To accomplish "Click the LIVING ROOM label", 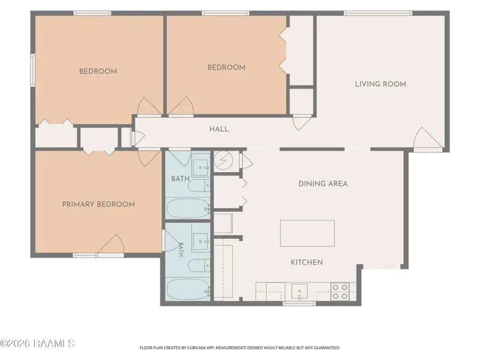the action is (380, 84).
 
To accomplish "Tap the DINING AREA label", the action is (323, 183).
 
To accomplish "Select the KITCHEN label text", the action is (307, 262).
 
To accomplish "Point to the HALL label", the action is (219, 129).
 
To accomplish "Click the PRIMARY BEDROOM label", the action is (98, 204).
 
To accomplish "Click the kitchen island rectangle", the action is (307, 233).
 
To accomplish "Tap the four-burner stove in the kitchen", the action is (340, 292).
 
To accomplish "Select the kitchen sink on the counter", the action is (299, 292).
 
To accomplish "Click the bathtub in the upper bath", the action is (188, 209).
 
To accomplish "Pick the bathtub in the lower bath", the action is (188, 289).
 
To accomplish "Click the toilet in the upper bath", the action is (199, 186).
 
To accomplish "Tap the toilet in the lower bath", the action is (199, 266).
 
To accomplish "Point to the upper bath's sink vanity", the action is (201, 167).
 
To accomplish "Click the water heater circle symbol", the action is (223, 160).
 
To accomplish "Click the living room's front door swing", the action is (427, 138).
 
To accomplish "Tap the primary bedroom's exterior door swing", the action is (111, 244).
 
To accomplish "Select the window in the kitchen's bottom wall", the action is (299, 303).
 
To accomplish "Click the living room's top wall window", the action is (378, 13).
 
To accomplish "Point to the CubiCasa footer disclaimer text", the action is (239, 348).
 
